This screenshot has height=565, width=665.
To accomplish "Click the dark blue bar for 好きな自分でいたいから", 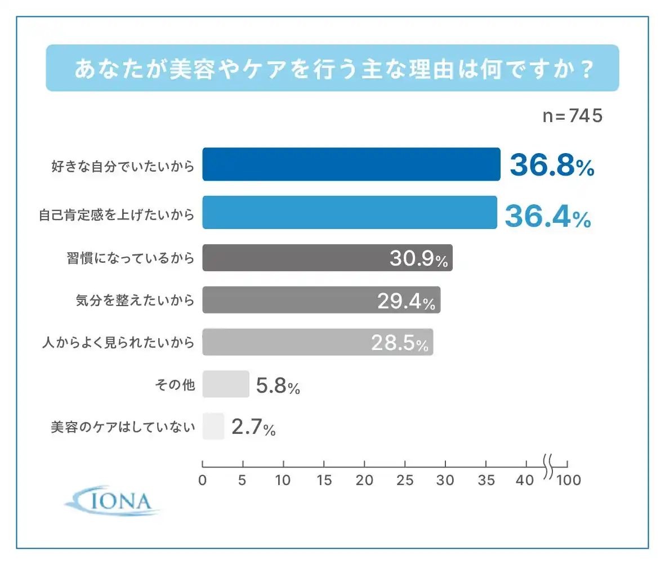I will pyautogui.click(x=351, y=164).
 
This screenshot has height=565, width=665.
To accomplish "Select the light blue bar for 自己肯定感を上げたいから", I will pyautogui.click(x=349, y=212).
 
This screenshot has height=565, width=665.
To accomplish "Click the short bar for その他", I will pyautogui.click(x=225, y=384).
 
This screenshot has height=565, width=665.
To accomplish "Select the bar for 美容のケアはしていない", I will pyautogui.click(x=213, y=427).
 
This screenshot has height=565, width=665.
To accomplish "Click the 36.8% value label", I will pyautogui.click(x=551, y=165).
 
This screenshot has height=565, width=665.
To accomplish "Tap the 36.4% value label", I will pyautogui.click(x=547, y=216).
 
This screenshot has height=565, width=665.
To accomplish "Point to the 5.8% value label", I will pyautogui.click(x=278, y=386).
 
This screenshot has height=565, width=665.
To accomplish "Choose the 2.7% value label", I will pyautogui.click(x=253, y=429).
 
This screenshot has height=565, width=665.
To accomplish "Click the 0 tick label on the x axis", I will pyautogui.click(x=203, y=481).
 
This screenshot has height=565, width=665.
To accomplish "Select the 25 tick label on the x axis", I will pyautogui.click(x=405, y=481).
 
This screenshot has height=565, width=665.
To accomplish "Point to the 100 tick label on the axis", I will pyautogui.click(x=568, y=481).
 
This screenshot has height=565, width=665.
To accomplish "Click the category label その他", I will pyautogui.click(x=175, y=385).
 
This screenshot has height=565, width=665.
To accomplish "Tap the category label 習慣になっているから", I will pyautogui.click(x=130, y=258).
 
